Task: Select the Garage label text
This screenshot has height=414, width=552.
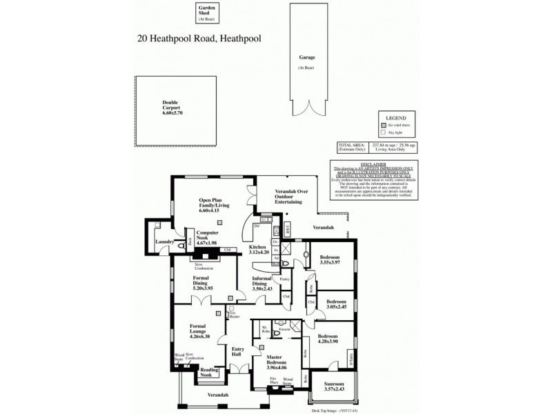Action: [307, 61]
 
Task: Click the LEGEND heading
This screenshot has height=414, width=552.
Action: [396, 117]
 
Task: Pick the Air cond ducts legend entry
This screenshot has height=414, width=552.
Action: [401, 125]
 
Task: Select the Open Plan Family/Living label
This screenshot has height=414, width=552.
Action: [214, 205]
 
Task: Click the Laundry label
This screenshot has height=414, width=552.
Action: [164, 241]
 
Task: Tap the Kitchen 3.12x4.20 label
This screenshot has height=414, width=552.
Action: [257, 250]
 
